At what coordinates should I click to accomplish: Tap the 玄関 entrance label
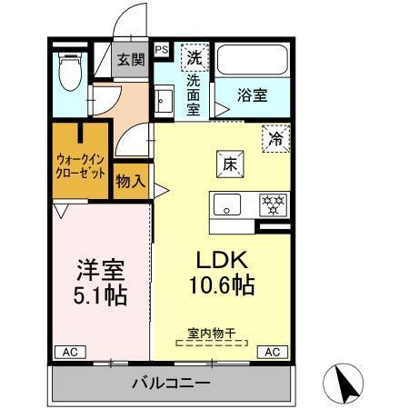(131, 61)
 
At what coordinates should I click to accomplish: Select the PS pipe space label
(161, 51)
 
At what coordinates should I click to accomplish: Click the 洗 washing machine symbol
(193, 58)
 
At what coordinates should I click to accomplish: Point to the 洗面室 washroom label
(193, 94)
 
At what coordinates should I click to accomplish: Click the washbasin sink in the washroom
(165, 99)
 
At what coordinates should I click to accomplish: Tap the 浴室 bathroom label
(252, 95)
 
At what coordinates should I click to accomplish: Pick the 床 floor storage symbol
(230, 165)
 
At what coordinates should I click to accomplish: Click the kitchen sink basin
(227, 204)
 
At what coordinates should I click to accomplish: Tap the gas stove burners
(273, 204)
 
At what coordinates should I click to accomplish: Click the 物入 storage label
(131, 181)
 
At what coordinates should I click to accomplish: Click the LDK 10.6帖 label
(220, 271)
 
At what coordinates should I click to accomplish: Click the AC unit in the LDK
(271, 351)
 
